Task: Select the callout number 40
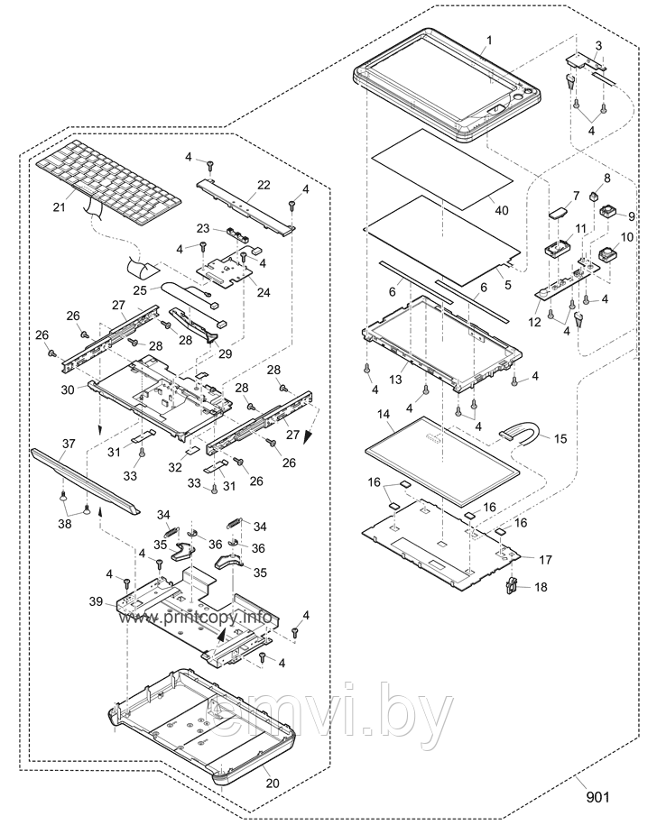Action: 501,210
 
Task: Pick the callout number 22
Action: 263,185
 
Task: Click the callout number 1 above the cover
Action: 488,41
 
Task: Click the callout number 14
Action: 383,414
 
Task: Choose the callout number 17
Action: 544,560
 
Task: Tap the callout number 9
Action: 631,216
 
